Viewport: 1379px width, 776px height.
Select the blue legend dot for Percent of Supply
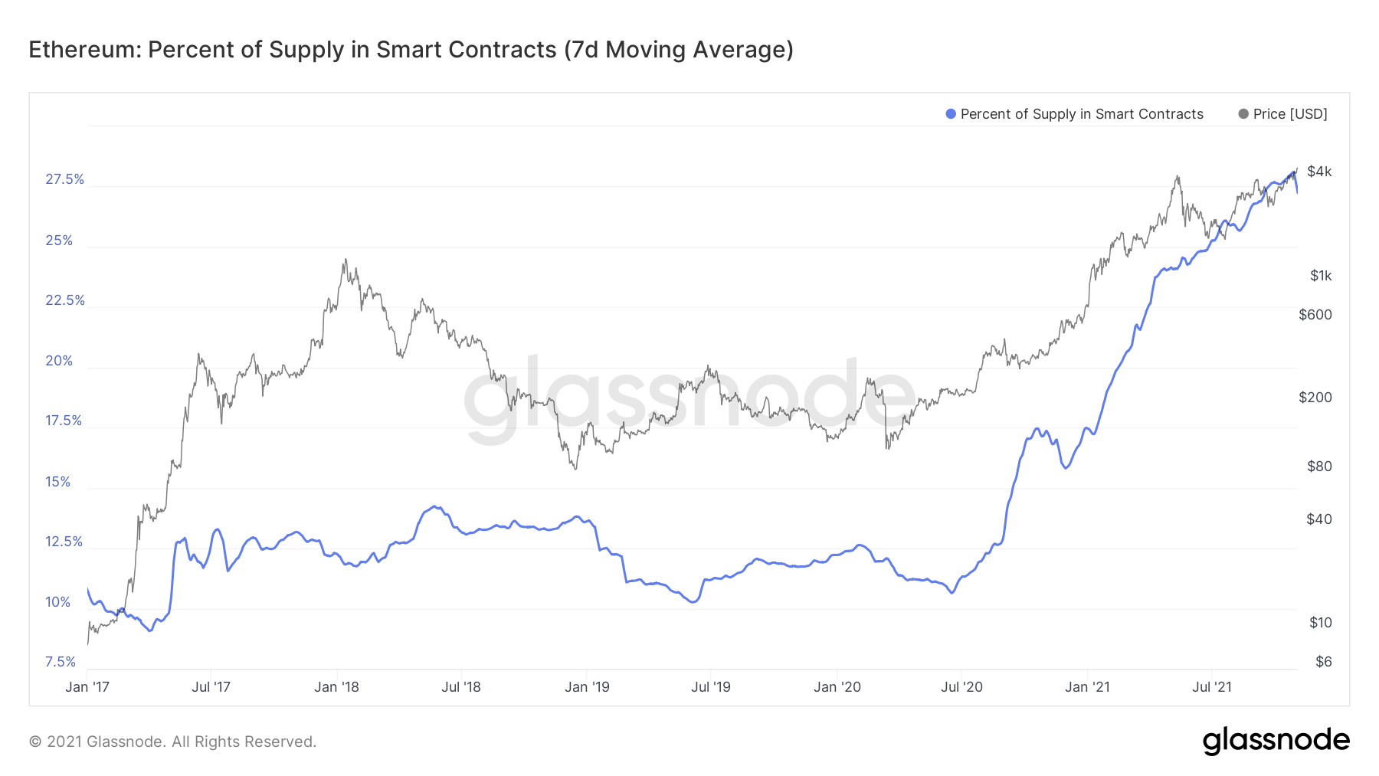coord(951,114)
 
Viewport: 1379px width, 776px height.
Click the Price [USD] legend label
coord(1290,114)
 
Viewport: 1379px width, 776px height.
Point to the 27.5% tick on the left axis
coord(64,179)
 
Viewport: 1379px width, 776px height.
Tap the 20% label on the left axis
coord(59,361)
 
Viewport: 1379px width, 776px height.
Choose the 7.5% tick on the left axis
coord(61,662)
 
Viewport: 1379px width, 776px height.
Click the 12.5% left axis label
coord(64,542)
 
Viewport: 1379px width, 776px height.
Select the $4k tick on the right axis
coord(1319,172)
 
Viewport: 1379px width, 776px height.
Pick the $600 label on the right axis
coord(1315,315)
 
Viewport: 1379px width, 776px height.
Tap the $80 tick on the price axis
coord(1319,467)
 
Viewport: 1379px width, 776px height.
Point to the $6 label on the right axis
coord(1323,662)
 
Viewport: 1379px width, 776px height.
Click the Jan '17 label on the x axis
coord(87,687)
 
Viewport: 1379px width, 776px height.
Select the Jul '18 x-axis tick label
coord(461,687)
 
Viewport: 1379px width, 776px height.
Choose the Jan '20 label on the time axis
coord(837,687)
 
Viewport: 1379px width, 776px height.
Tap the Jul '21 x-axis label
coord(1212,687)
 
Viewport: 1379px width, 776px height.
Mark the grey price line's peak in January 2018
coord(346,260)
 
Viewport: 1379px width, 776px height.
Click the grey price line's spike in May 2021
coord(1177,177)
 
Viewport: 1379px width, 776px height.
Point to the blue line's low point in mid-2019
coord(693,602)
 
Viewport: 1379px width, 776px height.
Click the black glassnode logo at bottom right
coord(1276,741)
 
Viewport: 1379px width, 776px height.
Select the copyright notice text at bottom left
coord(172,742)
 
